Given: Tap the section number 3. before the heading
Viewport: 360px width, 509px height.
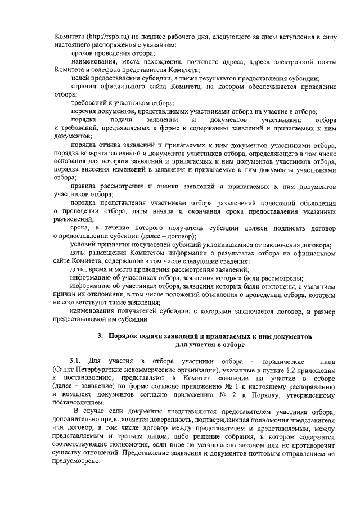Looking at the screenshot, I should [x=100, y=336].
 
